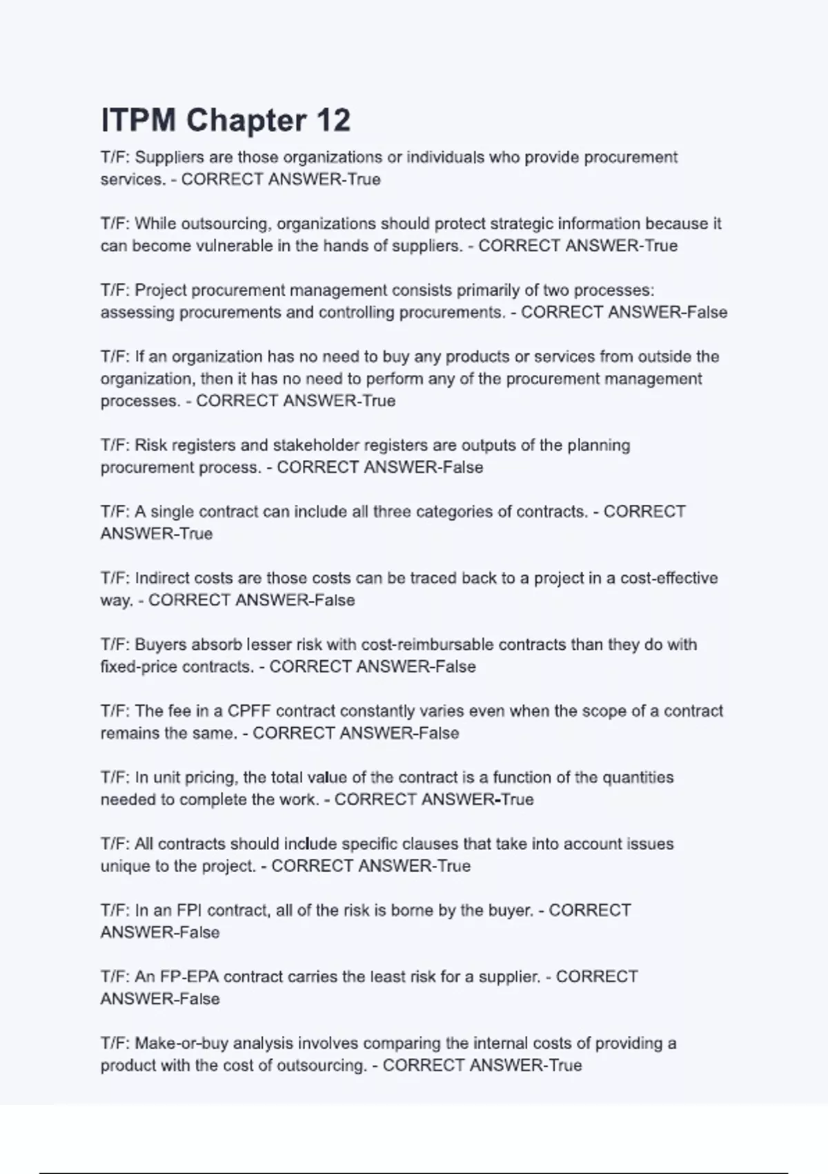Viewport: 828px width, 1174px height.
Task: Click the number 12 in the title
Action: tap(333, 120)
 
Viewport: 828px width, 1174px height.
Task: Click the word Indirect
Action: tap(162, 578)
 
